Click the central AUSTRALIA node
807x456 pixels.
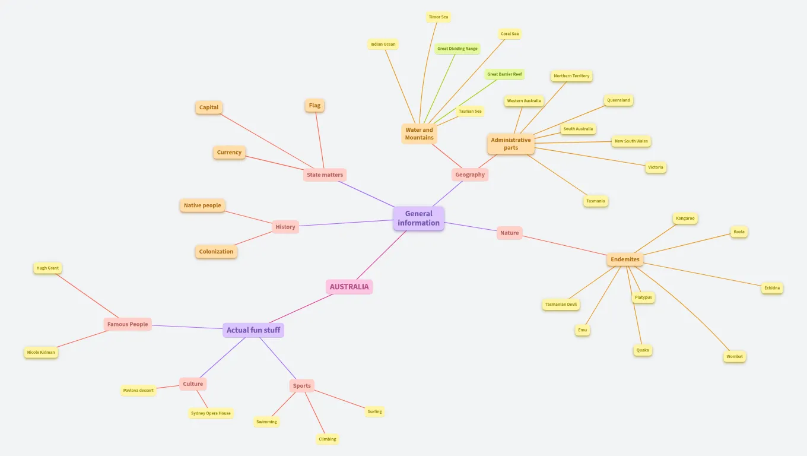(349, 287)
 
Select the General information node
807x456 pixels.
(419, 218)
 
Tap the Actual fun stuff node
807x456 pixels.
(253, 330)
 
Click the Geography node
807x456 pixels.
(470, 175)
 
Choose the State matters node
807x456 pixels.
(325, 175)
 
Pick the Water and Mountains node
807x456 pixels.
(420, 134)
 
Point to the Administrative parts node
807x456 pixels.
(511, 144)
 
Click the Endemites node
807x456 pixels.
(625, 259)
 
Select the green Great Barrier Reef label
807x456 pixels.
(504, 74)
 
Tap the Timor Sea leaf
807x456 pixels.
(439, 17)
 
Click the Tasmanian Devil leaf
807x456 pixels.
(561, 304)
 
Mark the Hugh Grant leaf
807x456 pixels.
(47, 268)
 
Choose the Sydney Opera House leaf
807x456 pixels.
(211, 413)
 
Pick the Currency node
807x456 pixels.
(229, 152)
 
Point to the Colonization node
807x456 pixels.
(216, 251)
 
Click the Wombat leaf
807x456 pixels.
(735, 356)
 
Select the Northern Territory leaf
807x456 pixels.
(572, 75)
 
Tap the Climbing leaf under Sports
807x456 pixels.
(328, 439)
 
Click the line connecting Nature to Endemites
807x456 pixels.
(565, 245)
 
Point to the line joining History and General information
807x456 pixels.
(346, 223)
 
